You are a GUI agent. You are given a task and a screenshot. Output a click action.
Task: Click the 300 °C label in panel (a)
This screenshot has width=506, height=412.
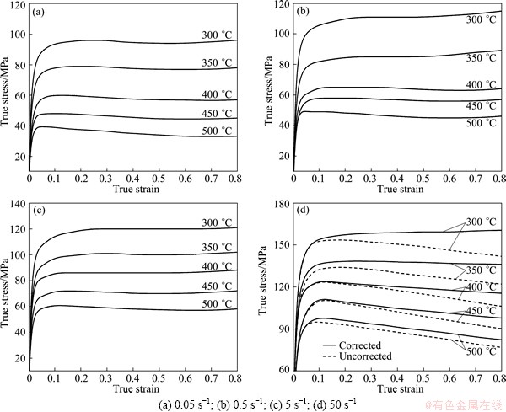point(220,35)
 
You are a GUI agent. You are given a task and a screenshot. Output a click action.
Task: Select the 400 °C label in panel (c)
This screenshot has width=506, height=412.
point(220,266)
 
